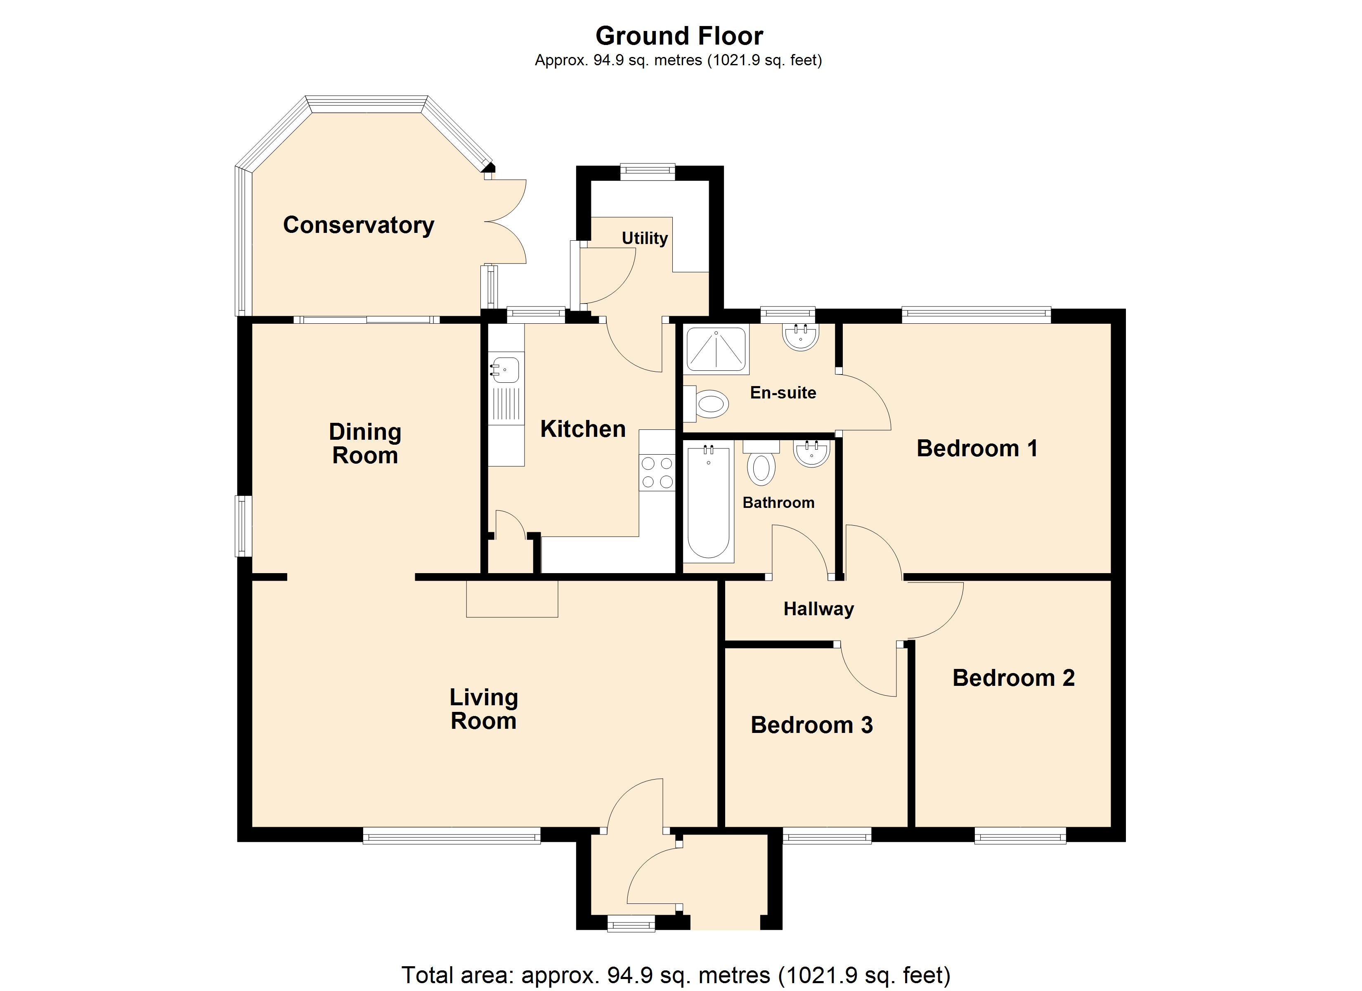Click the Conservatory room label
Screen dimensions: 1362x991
pos(359,225)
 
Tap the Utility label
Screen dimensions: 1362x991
pos(644,239)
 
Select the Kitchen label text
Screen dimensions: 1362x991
pos(582,429)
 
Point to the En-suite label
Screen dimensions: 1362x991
pos(783,393)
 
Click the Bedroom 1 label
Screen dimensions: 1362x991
pos(977,448)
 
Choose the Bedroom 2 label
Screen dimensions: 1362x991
pos(1014,678)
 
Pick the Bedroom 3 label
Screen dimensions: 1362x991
pos(811,725)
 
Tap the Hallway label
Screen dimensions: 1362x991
pos(818,609)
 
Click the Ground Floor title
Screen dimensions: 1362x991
pos(679,36)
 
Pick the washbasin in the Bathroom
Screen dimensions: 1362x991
pos(811,453)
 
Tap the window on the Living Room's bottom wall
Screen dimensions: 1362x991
pos(452,835)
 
